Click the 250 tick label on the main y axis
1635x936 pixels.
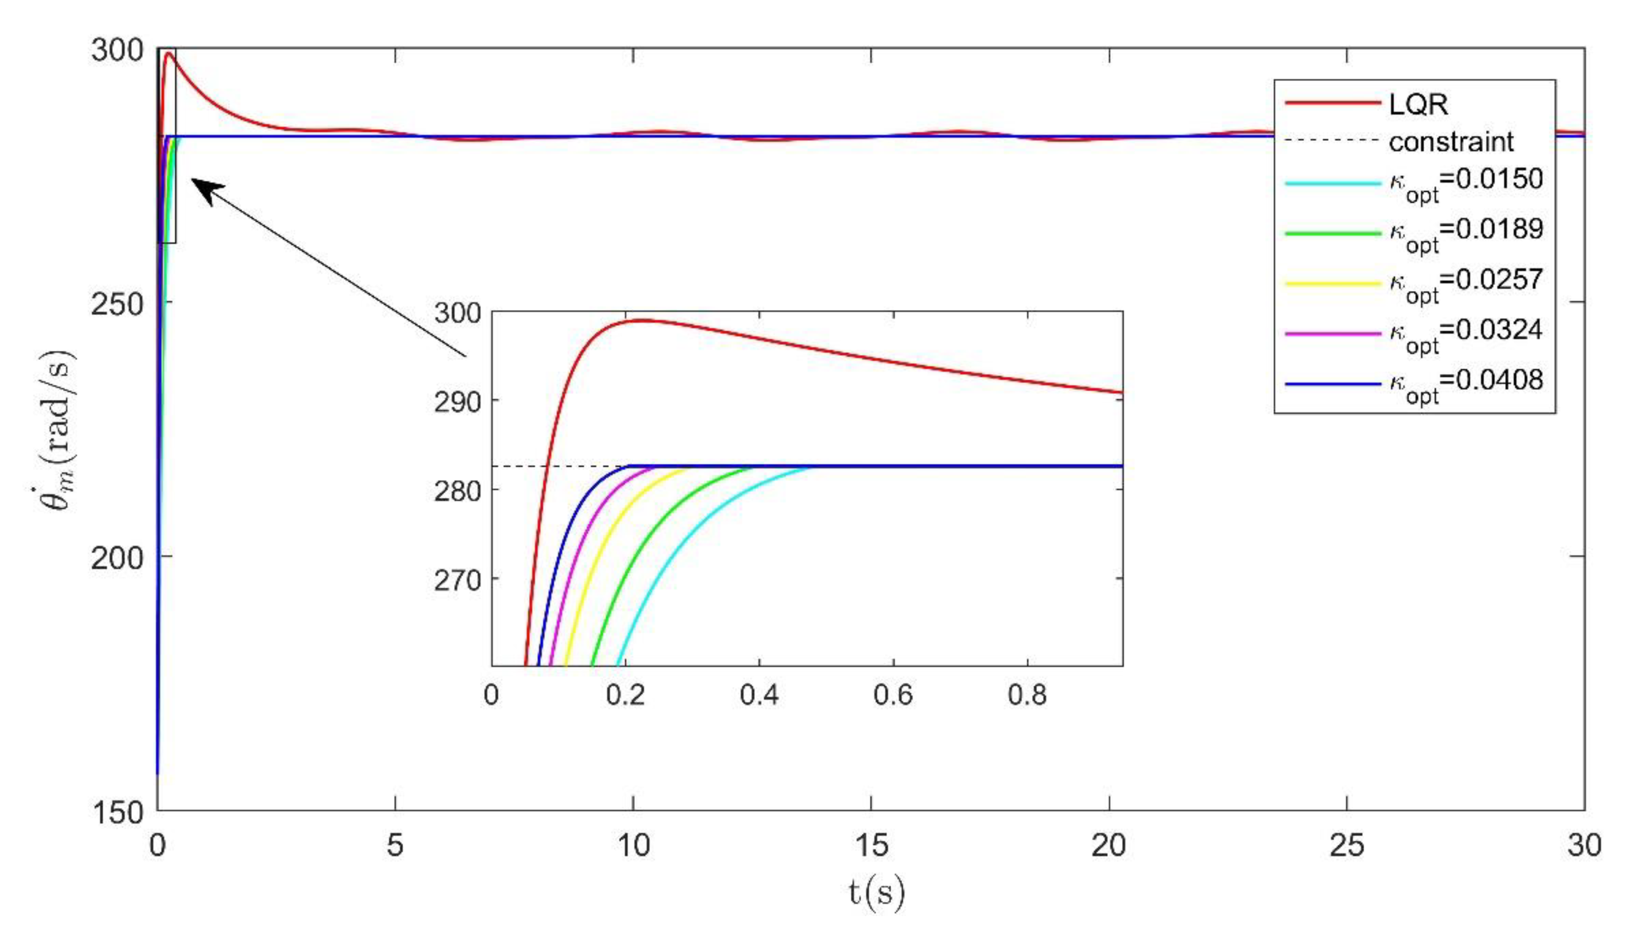click(116, 304)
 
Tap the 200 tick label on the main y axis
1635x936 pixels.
click(116, 558)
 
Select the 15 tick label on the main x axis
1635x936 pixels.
click(872, 845)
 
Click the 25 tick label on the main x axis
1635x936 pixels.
click(1347, 845)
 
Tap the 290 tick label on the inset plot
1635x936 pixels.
click(457, 402)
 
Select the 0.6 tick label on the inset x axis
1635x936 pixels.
click(893, 695)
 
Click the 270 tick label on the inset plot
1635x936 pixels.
click(457, 581)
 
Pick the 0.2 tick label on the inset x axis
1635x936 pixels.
click(625, 695)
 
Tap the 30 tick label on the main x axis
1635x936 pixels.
click(1584, 845)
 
